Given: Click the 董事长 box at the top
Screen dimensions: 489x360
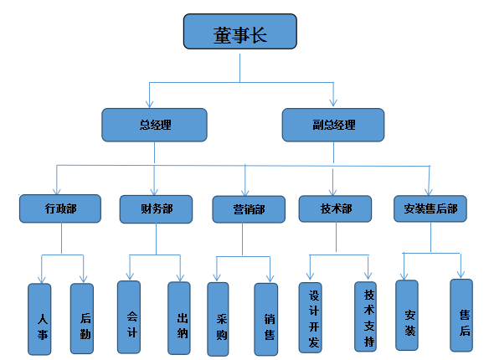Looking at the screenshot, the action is (239, 31).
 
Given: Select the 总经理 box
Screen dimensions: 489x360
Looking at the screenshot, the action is (154, 125).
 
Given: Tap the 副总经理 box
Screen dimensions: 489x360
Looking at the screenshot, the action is (333, 125).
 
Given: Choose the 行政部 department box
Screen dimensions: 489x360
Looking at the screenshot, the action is (60, 208).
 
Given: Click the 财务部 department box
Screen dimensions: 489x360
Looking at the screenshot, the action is (156, 209).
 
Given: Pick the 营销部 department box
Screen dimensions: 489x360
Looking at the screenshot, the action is (249, 209).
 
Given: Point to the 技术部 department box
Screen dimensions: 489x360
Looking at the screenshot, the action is (335, 208).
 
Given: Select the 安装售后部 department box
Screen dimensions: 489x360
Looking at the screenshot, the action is (430, 208).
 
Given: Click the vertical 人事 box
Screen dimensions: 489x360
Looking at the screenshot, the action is (39, 319).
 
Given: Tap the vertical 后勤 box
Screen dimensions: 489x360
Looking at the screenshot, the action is (82, 318).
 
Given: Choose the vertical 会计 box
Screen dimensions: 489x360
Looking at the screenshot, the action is (129, 317).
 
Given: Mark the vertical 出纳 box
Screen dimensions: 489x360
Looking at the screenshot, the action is (179, 318).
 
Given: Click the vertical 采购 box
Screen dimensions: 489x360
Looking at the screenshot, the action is (218, 319).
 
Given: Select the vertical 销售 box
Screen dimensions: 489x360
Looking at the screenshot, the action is (266, 320).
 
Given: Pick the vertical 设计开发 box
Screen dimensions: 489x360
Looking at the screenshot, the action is (311, 317).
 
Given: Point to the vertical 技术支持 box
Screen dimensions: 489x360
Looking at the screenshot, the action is (366, 316).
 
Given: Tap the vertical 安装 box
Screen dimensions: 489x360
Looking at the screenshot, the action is (407, 315).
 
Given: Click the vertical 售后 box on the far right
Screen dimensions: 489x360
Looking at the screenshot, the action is (461, 316).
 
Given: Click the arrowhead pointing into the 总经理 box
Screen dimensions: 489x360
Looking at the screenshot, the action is (150, 105).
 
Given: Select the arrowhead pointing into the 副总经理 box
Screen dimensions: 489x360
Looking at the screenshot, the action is (333, 103).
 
